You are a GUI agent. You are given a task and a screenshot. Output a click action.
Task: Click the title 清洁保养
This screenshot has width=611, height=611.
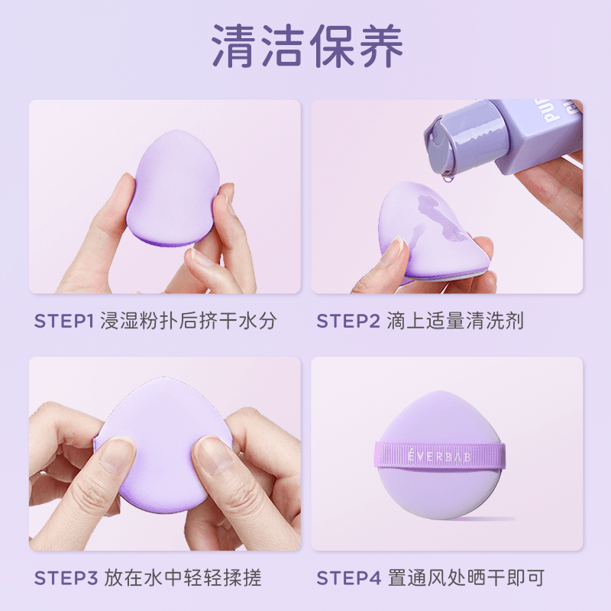coord(307,46)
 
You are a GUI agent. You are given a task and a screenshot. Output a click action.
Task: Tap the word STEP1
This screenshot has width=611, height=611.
coord(64,321)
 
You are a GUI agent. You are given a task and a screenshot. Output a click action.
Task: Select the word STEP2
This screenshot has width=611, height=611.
coord(348,321)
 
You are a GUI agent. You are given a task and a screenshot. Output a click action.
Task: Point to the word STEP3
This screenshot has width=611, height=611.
coord(66,578)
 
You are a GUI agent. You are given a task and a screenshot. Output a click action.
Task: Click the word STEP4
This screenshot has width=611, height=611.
coord(349,578)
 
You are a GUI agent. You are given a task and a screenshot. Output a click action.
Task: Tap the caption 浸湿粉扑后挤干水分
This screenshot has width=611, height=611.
coord(189,321)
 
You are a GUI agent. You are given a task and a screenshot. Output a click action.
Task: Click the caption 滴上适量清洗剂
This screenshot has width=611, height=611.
coord(454,321)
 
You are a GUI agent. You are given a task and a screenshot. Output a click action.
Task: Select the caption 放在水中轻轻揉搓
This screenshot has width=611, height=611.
coord(183,578)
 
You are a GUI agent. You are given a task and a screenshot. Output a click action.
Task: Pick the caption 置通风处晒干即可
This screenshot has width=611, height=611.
coord(466,578)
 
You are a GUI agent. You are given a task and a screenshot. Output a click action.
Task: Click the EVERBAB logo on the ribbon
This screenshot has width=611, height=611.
coord(439,456)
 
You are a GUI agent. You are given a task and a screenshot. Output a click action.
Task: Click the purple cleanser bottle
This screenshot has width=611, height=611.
coord(503,137)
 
